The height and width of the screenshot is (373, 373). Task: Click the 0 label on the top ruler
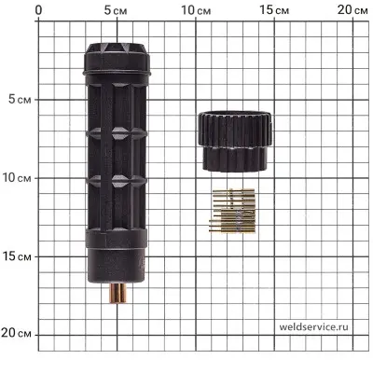[x=38, y=10]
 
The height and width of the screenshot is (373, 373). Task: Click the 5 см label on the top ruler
[x=116, y=10]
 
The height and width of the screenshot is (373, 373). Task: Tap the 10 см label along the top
[x=196, y=10]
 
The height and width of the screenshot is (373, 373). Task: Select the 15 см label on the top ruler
[x=274, y=10]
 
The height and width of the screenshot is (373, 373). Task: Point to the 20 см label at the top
[x=352, y=10]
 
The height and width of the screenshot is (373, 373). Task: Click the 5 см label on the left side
[x=20, y=100]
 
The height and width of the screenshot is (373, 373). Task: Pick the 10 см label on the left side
[x=17, y=178]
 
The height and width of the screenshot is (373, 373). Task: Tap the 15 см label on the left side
[x=17, y=256]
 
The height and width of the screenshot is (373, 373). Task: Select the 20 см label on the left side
[x=16, y=333]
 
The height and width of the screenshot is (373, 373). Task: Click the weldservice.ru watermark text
[x=313, y=326]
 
